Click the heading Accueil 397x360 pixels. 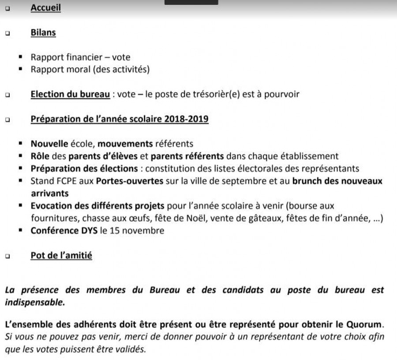pos(45,8)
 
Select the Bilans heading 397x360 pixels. pos(43,33)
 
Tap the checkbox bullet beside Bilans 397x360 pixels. pos(7,33)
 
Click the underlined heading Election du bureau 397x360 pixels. pos(70,94)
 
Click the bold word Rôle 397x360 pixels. pos(40,156)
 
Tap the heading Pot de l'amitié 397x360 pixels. pos(61,255)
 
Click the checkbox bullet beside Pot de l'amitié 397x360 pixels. pos(7,256)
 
